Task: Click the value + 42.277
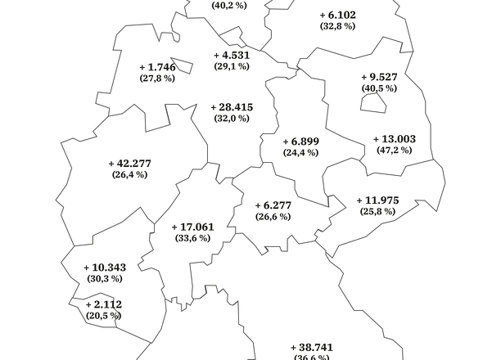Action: pyautogui.click(x=129, y=163)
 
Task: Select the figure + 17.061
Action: pyautogui.click(x=193, y=227)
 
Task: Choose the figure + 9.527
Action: pyautogui.click(x=378, y=77)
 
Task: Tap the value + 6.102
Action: pyautogui.click(x=337, y=15)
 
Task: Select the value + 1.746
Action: pyautogui.click(x=158, y=67)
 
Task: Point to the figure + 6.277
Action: pyautogui.click(x=273, y=205)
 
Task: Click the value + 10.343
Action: pyautogui.click(x=105, y=268)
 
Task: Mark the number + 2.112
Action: pyautogui.click(x=102, y=304)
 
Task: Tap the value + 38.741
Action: pyautogui.click(x=311, y=348)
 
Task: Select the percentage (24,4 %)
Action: pyautogui.click(x=300, y=153)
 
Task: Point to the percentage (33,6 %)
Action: pyautogui.click(x=193, y=238)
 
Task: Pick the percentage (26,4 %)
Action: pyautogui.click(x=129, y=174)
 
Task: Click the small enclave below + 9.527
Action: pyautogui.click(x=374, y=101)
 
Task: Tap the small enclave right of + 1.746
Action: pyautogui.click(x=183, y=65)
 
